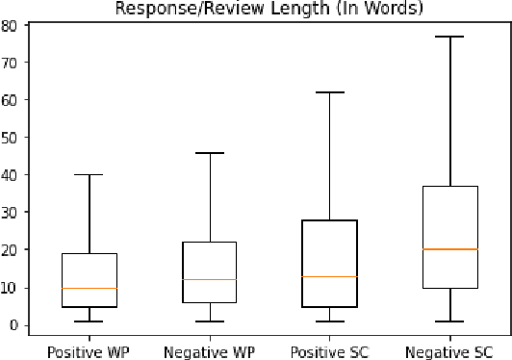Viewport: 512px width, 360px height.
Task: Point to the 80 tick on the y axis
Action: click(x=12, y=25)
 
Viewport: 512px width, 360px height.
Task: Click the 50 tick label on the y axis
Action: click(x=12, y=138)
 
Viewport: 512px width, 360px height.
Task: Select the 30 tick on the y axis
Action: click(x=12, y=213)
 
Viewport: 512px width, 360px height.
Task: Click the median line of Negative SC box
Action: click(x=449, y=249)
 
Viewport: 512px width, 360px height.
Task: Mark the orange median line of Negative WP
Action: click(x=209, y=280)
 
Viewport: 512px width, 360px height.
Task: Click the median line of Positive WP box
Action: click(x=89, y=288)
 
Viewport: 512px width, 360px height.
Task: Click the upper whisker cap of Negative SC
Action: click(x=449, y=37)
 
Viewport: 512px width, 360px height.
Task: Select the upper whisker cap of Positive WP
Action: click(x=89, y=175)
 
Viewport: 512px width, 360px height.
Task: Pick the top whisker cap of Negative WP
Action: click(x=209, y=153)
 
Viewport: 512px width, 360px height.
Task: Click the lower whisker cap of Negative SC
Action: click(x=449, y=321)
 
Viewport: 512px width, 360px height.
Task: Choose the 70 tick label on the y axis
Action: click(x=12, y=63)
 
